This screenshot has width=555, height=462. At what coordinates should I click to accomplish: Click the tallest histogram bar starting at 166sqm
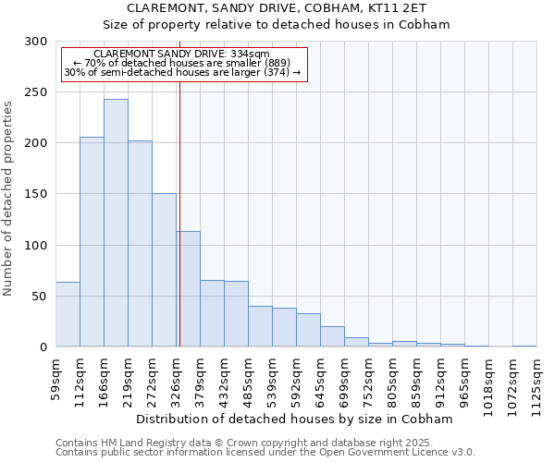116,223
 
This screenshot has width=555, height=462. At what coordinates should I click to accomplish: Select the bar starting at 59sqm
68,314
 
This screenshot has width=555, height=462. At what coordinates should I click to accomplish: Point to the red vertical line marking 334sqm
179,213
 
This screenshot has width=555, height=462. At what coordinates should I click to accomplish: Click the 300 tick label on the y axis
35,42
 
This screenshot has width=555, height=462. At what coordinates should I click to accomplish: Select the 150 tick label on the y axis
35,195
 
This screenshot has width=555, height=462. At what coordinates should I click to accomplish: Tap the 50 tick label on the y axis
39,297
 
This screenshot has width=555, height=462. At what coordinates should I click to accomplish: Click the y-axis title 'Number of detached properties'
8,200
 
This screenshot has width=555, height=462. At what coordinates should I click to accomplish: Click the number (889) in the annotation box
277,63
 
